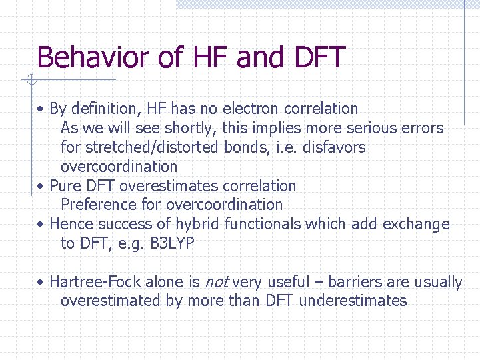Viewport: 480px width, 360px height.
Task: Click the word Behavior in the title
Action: click(93, 57)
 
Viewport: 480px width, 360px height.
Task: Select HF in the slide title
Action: click(209, 57)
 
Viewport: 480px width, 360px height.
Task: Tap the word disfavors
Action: click(334, 147)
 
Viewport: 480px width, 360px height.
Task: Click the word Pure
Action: click(64, 186)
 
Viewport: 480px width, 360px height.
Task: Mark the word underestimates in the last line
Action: click(353, 301)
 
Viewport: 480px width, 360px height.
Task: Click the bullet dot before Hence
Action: click(41, 225)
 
